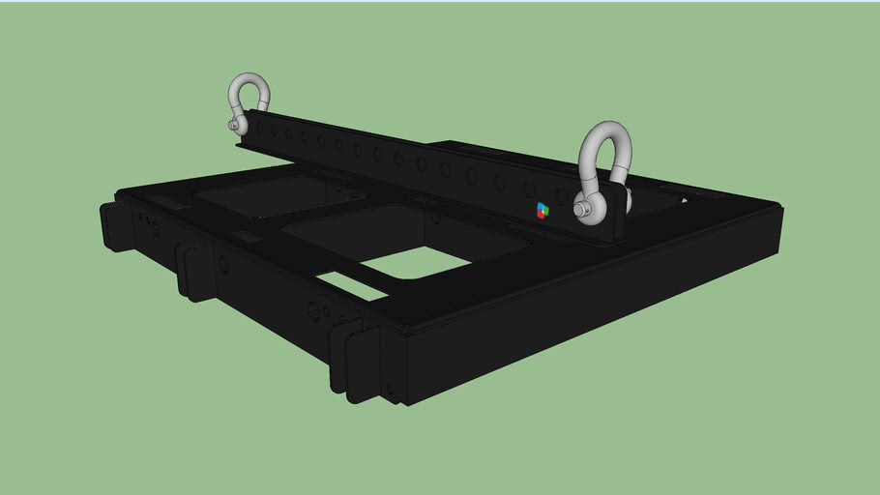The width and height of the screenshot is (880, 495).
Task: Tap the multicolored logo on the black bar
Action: coord(543,209)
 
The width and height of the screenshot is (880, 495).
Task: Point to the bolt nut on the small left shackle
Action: coord(233,124)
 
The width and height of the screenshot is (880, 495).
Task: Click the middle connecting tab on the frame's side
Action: coord(194,270)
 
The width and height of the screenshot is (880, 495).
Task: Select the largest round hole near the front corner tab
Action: coord(313,311)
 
